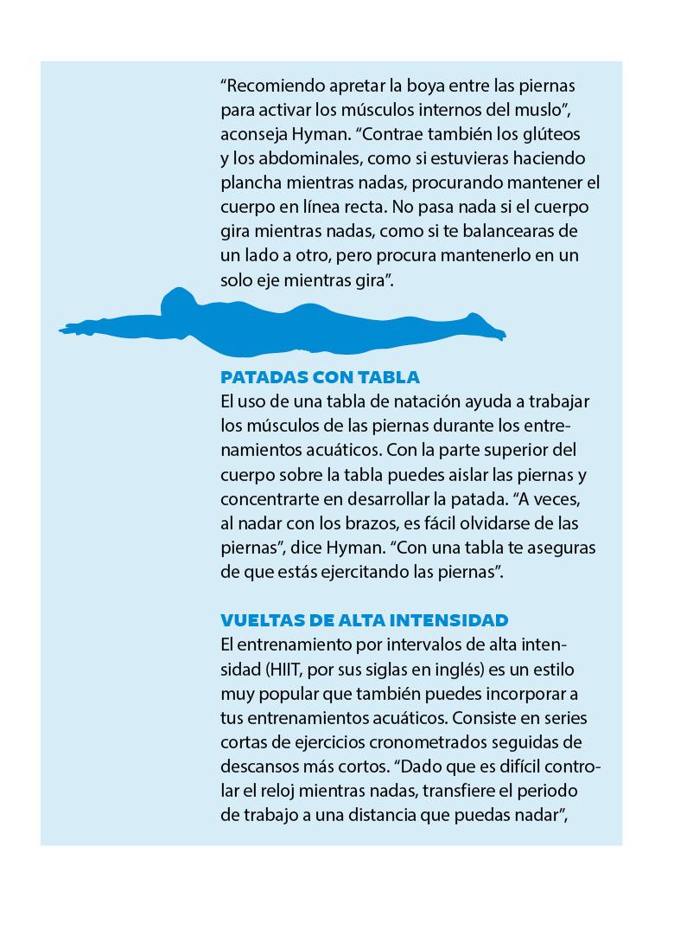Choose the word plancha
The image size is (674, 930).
(x=251, y=183)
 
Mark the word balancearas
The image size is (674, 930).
(x=509, y=232)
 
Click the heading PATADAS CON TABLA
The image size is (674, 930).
(x=320, y=377)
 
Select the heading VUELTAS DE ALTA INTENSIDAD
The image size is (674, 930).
(x=364, y=620)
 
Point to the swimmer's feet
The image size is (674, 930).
(x=488, y=330)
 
